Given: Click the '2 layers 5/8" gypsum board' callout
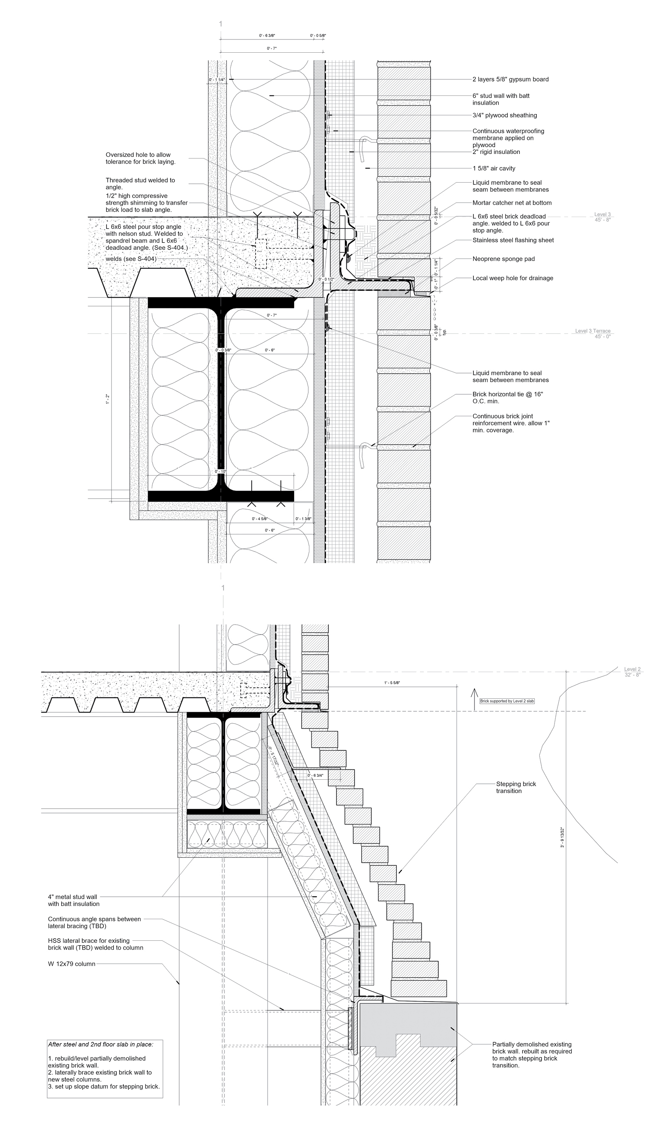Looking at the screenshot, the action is pos(510,79).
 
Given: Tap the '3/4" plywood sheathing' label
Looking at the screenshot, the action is pos(504,115).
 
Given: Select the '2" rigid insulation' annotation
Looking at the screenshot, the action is pos(496,152).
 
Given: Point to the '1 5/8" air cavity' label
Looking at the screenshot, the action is pos(494,168).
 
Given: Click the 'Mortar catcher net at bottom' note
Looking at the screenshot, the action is pos(512,203).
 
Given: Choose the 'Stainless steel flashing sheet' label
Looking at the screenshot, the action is pos(513,240).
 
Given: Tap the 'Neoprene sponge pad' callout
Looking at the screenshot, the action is pos(503,259).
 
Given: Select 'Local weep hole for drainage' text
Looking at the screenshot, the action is pos(512,278).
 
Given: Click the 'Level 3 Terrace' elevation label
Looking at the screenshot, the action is pos(592,331).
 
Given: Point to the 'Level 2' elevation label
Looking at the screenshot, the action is pos(632,669).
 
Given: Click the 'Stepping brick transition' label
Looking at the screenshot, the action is pos(516,787).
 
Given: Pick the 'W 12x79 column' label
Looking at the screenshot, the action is pos(72,964).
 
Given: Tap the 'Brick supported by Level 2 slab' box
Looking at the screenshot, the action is pos(507,701).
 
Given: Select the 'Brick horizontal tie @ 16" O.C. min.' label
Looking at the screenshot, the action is pos(508,398).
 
